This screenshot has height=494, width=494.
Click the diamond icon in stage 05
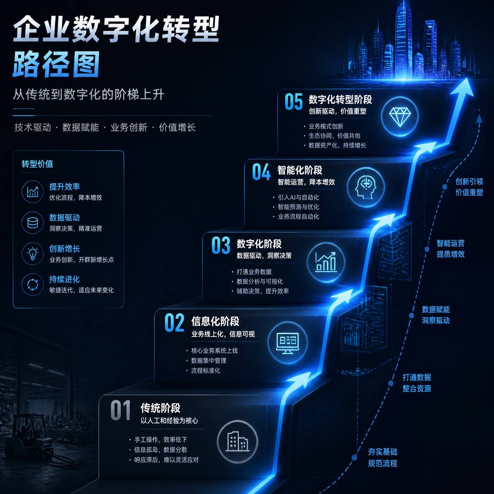pyautogui.click(x=400, y=117)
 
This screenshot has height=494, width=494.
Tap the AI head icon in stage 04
pyautogui.click(x=366, y=187)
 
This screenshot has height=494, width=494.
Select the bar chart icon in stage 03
pyautogui.click(x=326, y=262)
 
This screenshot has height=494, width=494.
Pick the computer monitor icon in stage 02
pyautogui.click(x=288, y=343)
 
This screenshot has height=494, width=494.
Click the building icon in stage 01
pyautogui.click(x=238, y=442)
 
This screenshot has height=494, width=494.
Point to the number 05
pyautogui.click(x=294, y=102)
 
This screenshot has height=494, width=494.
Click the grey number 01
pyautogui.click(x=120, y=410)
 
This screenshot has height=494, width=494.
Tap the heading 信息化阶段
pyautogui.click(x=215, y=321)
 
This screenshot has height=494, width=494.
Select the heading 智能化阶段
pyautogui.click(x=300, y=170)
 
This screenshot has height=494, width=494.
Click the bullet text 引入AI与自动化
pyautogui.click(x=299, y=198)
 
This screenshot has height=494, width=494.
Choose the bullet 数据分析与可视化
pyautogui.click(x=260, y=281)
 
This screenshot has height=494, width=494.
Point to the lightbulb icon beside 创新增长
pyautogui.click(x=33, y=253)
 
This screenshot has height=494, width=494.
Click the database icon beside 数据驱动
pyautogui.click(x=33, y=223)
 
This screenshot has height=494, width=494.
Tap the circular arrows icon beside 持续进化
pyautogui.click(x=33, y=284)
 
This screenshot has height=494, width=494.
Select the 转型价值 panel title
pyautogui.click(x=37, y=164)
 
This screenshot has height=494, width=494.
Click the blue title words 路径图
pyautogui.click(x=56, y=64)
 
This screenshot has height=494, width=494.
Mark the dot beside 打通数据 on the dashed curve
pyautogui.click(x=390, y=383)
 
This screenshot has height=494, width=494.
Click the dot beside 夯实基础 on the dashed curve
pyautogui.click(x=354, y=457)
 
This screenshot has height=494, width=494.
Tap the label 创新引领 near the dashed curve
pyautogui.click(x=469, y=181)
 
